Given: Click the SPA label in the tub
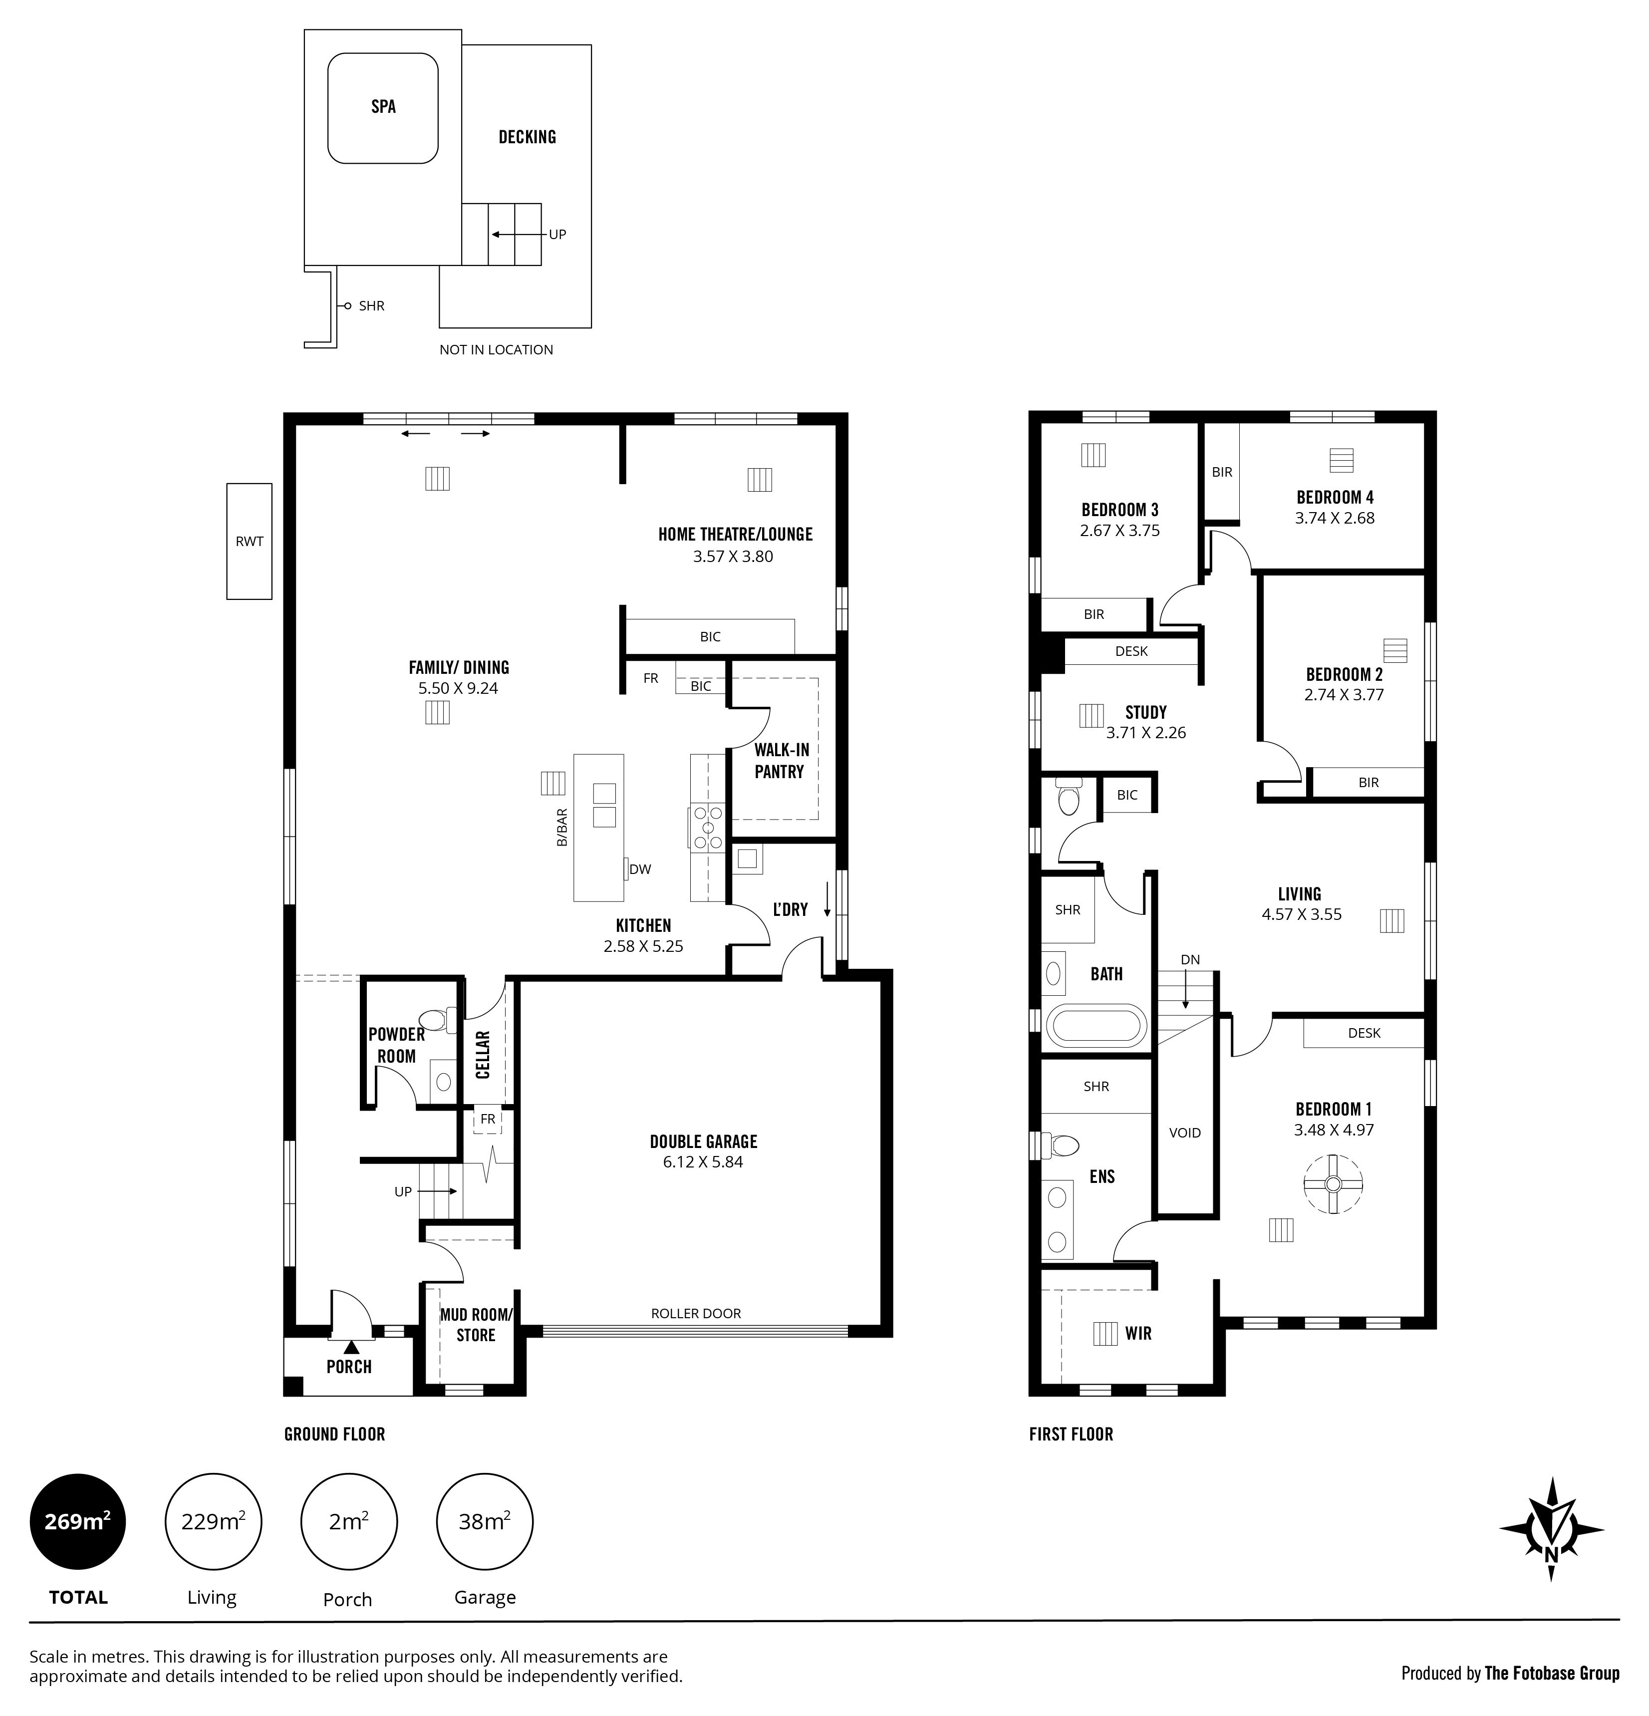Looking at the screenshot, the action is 383,107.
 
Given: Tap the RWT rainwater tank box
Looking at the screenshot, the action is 250,541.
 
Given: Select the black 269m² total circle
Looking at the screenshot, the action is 78,1522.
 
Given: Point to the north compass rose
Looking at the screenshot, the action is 1551,1529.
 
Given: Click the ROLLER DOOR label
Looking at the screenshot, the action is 696,1313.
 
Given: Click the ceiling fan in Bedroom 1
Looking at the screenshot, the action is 1333,1184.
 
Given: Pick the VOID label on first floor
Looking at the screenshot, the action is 1185,1133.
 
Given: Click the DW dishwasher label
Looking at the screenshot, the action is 640,869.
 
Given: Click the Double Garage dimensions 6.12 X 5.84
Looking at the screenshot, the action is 703,1162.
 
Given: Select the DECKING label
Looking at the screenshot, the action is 527,137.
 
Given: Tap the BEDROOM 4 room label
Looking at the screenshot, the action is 1335,497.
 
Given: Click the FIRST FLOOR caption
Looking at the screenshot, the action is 1072,1434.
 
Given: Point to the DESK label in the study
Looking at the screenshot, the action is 1132,651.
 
